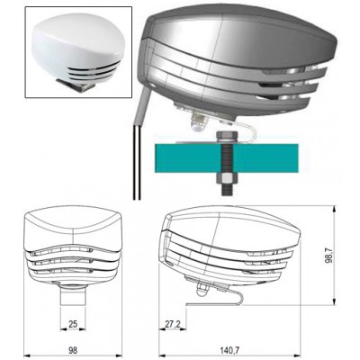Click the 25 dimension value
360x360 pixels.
[73, 324]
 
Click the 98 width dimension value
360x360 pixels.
[73, 350]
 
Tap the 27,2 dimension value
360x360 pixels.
[173, 324]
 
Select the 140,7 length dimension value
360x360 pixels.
[230, 350]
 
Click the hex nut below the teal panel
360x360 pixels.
[227, 180]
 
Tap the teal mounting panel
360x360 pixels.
[227, 158]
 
